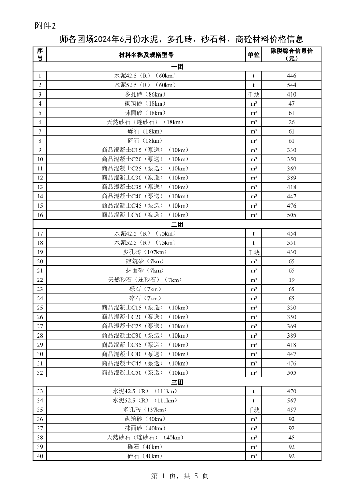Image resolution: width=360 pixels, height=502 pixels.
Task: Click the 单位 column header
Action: (x=253, y=54)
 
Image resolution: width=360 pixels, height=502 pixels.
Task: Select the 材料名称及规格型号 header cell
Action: (x=146, y=54)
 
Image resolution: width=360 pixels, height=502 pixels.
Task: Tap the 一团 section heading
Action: (x=177, y=67)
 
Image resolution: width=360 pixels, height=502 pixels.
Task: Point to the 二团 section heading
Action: (x=177, y=224)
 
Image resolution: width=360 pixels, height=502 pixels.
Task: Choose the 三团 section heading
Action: (x=177, y=382)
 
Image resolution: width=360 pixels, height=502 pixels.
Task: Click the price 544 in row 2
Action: (x=292, y=85)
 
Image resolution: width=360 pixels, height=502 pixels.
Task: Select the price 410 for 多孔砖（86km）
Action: (x=292, y=94)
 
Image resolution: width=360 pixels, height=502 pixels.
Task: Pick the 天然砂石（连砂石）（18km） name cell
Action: (x=145, y=122)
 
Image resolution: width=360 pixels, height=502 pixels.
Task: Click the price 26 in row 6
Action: (x=292, y=122)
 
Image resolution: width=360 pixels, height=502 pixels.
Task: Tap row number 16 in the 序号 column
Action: (x=40, y=215)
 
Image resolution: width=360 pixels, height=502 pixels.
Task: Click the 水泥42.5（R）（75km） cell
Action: (x=145, y=233)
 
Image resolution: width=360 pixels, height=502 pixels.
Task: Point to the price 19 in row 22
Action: (x=292, y=280)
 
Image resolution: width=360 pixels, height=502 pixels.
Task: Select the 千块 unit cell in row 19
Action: (x=253, y=252)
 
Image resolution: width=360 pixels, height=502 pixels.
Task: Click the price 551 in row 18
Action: (x=292, y=243)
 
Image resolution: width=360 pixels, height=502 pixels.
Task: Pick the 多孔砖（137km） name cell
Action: (x=145, y=410)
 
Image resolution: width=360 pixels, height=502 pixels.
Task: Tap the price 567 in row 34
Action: (x=292, y=401)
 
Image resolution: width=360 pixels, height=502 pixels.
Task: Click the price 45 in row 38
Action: (x=292, y=438)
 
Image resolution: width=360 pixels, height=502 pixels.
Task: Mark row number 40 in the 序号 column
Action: (x=40, y=456)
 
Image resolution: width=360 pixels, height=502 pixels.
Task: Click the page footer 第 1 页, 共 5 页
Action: (x=180, y=476)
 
